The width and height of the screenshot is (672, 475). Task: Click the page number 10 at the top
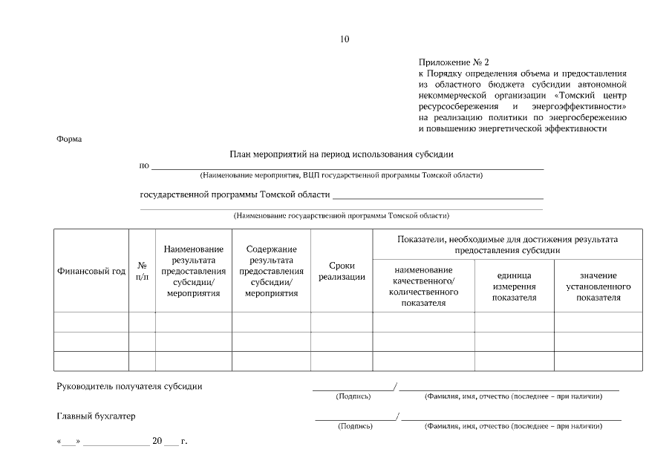pos(344,39)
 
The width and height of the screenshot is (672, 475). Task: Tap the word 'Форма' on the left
pos(69,139)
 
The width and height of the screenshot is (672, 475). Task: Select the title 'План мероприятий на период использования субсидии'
pos(342,154)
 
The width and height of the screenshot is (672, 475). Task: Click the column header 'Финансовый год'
pos(91,272)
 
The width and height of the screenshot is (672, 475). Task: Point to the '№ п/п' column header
pos(142,272)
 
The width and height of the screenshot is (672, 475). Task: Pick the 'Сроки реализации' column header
pos(342,272)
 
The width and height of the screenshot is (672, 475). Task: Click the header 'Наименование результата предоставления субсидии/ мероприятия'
pos(194,272)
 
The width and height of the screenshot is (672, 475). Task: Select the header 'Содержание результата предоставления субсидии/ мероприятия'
pos(271,272)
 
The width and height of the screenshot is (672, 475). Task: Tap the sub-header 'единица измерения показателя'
pos(514,286)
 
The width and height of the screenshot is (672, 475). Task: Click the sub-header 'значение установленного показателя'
pos(598,286)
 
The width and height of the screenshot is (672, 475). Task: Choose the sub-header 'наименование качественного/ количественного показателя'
pos(423,286)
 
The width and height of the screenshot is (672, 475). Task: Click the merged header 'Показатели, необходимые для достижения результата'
pos(508,245)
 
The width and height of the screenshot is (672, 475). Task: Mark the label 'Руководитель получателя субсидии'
pos(130,386)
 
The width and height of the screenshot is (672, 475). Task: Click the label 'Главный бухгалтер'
pos(97,416)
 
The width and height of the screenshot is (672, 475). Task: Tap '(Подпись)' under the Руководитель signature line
pos(353,396)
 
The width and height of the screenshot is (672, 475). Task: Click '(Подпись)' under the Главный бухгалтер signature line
pos(356,427)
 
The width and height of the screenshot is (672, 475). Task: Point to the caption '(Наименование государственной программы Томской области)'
pos(342,216)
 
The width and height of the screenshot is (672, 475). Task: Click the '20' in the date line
pos(157,442)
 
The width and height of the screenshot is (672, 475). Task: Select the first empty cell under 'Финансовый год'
pos(91,322)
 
